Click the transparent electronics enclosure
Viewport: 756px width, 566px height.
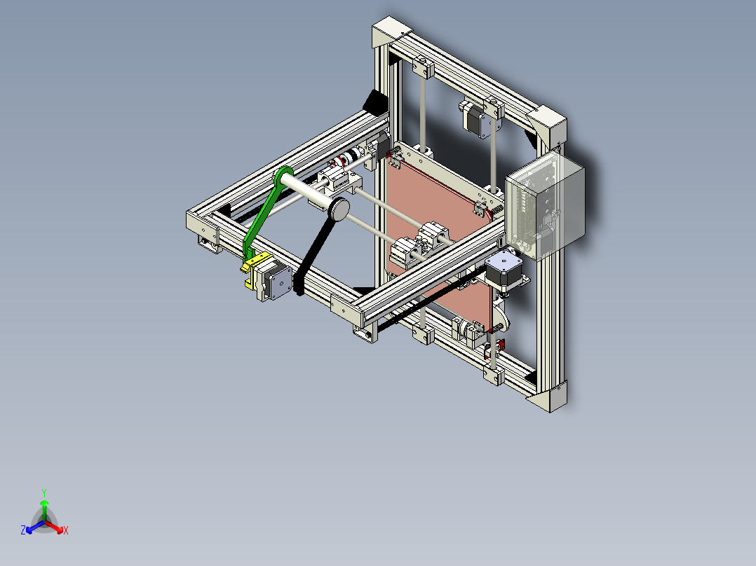pos(546,207)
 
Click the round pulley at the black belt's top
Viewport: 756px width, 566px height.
pos(339,209)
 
